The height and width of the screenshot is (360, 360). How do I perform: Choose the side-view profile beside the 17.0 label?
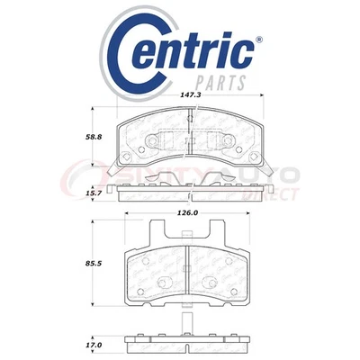(188, 344)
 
